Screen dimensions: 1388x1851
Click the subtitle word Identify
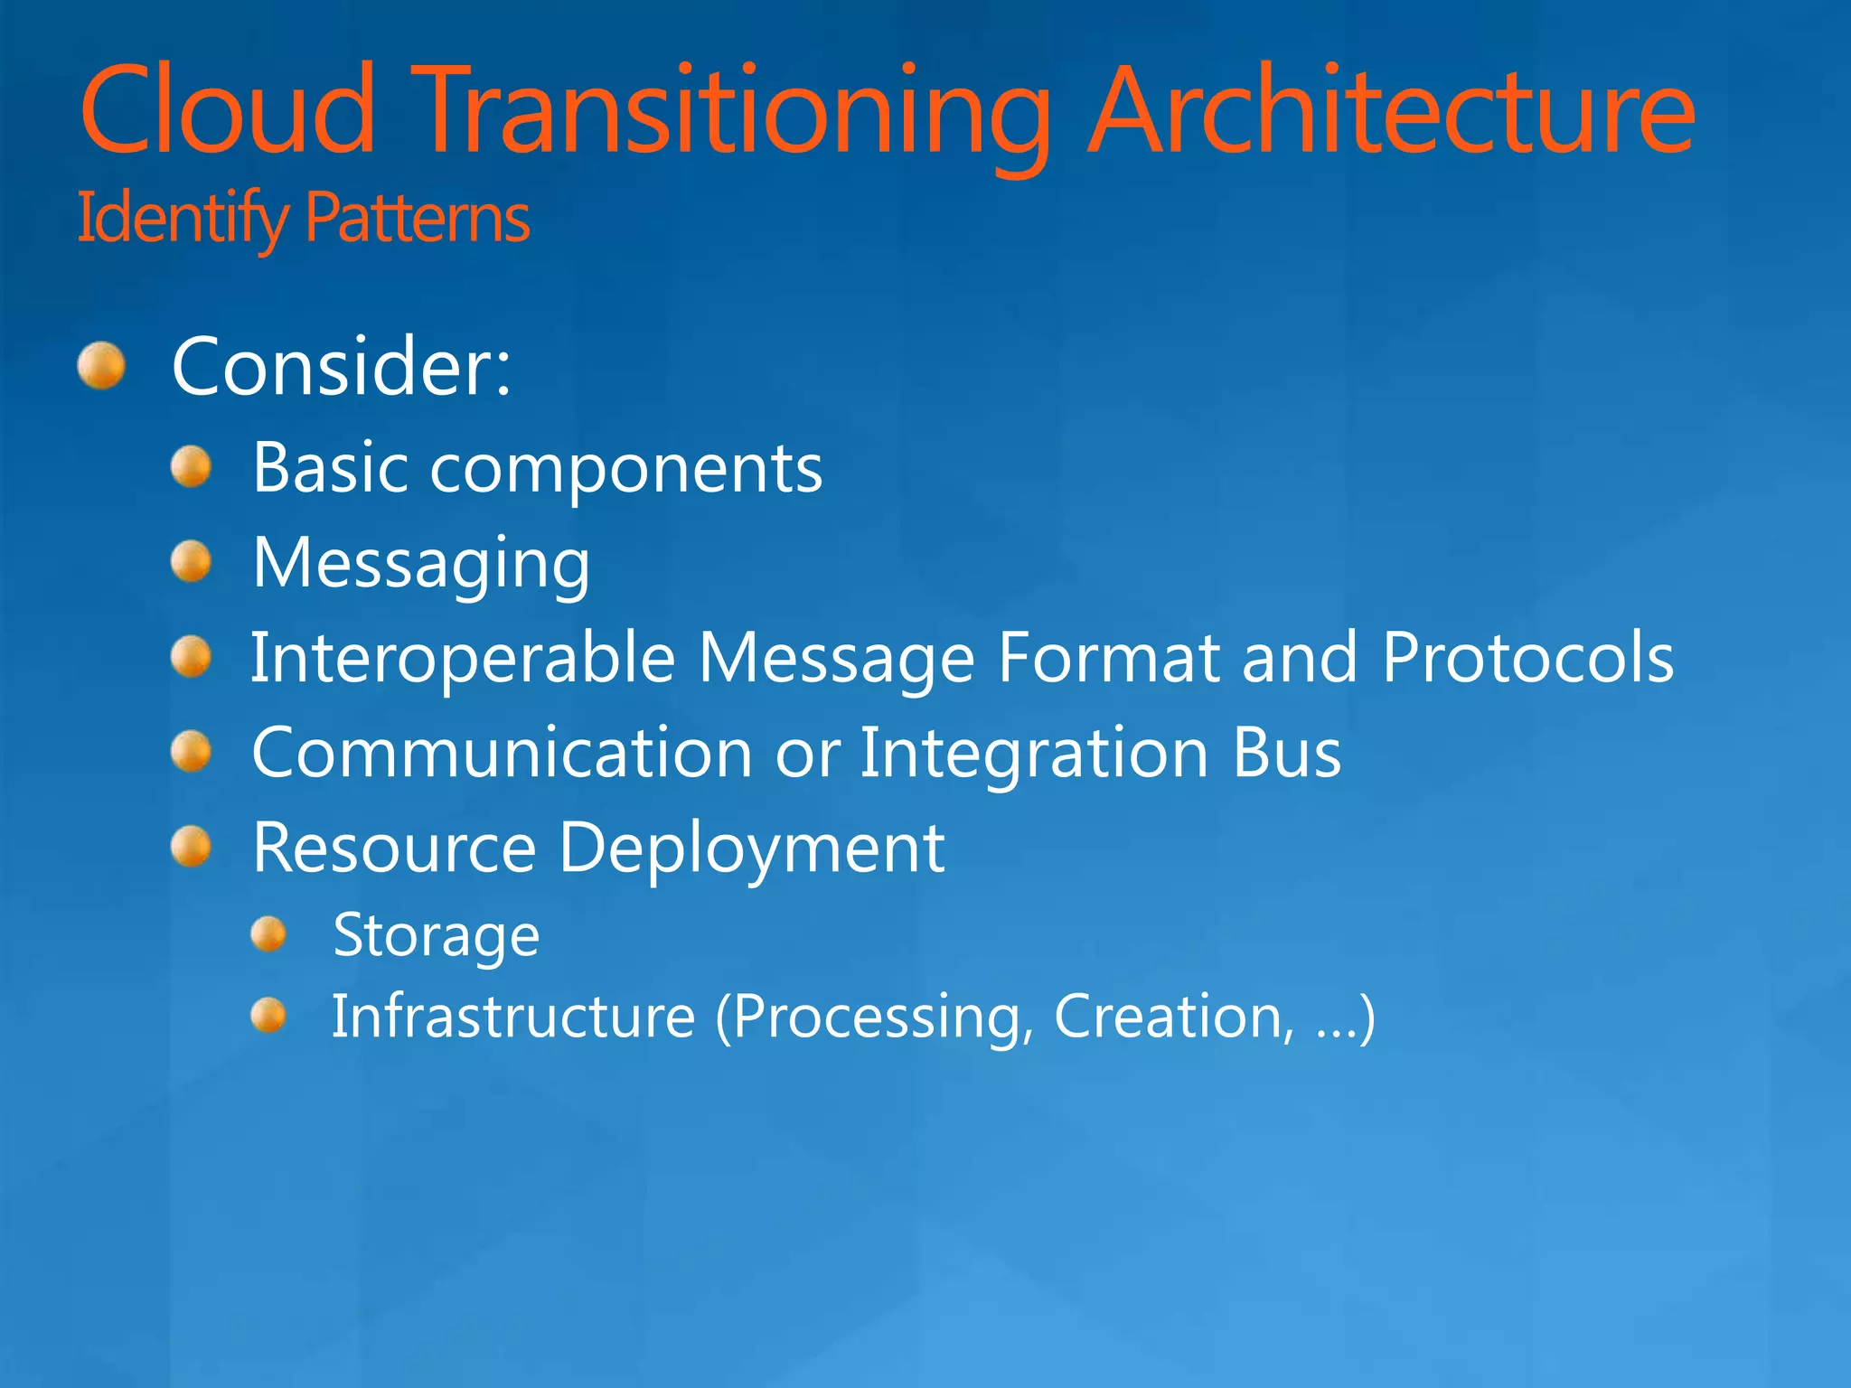coord(182,219)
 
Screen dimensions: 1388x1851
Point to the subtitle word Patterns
coord(417,219)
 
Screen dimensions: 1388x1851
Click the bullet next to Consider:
coord(100,366)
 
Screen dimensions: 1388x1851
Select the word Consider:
coord(342,366)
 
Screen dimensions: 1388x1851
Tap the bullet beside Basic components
coord(191,467)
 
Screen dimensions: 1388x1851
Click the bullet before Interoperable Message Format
coord(191,656)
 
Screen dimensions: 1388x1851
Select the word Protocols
coord(1527,657)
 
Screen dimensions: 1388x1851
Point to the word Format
coord(1108,657)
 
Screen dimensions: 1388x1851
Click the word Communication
coord(502,753)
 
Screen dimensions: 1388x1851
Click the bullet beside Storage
coord(268,934)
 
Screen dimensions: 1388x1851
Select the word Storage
coord(437,935)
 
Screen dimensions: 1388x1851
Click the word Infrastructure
coord(513,1017)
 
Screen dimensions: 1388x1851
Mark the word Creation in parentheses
coord(1174,1017)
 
